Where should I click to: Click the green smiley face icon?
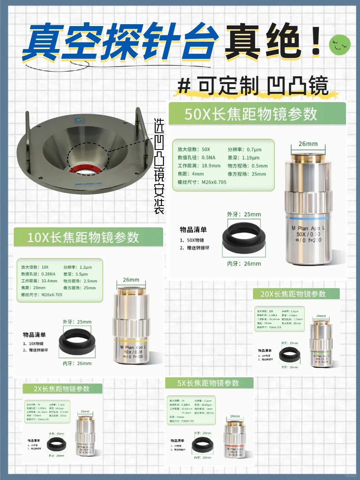pos(340,45)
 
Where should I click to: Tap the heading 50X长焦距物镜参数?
pos(251,114)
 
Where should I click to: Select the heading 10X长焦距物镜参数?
pos(83,237)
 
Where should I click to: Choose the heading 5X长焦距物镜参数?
pos(208,383)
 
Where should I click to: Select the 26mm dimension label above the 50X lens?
pos(308,144)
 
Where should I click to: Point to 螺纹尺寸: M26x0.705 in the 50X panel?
pos(202,182)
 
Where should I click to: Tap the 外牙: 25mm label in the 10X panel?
pos(77,322)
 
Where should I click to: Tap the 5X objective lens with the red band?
pos(235,441)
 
